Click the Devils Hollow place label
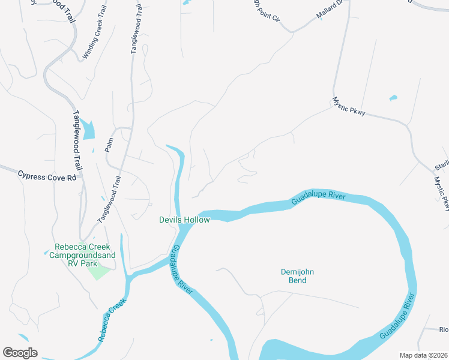[x=184, y=220]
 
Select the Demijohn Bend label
[x=298, y=276]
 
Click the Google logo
[x=20, y=353]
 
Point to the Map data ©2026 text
[x=423, y=355]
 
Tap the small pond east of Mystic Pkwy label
[x=393, y=97]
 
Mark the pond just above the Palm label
[x=88, y=130]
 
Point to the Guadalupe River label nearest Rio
[x=397, y=315]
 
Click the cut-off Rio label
[x=444, y=329]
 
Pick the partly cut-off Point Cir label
[x=266, y=11]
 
